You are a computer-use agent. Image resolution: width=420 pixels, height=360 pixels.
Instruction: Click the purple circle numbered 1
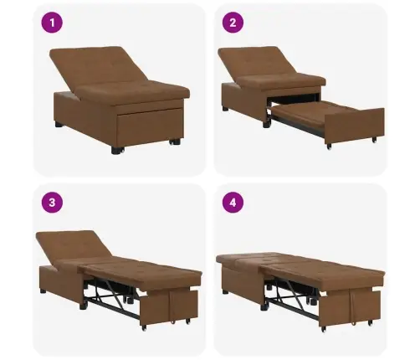click(52, 23)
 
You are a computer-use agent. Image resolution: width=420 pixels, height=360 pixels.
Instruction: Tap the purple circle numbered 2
click(233, 23)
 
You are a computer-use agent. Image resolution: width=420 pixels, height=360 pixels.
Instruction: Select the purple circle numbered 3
click(52, 203)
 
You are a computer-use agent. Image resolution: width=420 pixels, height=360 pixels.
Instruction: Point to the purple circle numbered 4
click(233, 203)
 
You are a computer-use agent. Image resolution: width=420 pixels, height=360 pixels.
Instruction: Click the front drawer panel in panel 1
click(150, 126)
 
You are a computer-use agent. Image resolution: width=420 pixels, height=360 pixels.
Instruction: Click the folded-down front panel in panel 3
click(169, 306)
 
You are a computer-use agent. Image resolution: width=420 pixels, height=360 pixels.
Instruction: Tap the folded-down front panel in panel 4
click(350, 307)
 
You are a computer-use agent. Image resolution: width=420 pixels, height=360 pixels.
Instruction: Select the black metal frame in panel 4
click(291, 299)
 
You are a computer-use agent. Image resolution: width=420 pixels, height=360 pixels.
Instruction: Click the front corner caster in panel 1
click(117, 151)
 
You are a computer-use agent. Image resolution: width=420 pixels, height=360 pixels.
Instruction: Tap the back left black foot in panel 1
click(59, 124)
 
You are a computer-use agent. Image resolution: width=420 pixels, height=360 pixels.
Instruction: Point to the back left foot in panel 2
click(225, 108)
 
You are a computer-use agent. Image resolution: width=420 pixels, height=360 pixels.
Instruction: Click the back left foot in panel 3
click(43, 291)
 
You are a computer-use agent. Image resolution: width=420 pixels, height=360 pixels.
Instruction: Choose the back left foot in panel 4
click(225, 292)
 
